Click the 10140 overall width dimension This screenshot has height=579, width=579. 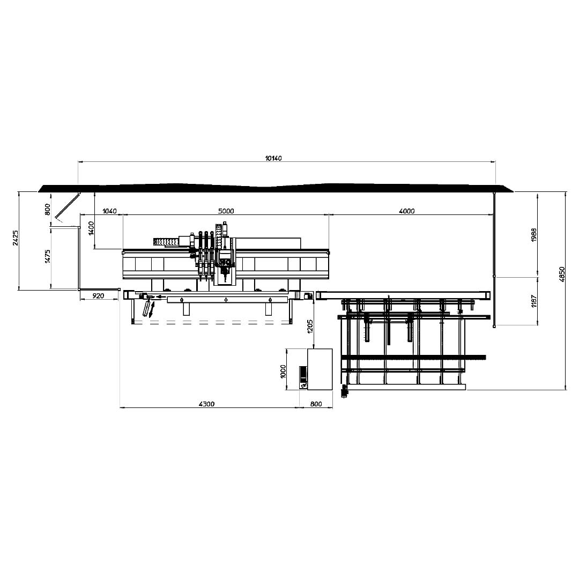273,158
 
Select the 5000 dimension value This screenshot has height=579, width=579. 226,211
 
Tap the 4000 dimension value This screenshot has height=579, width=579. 407,211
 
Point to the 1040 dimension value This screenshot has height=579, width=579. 109,211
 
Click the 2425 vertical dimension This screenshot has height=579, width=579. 16,237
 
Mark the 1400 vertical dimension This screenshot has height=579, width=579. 92,228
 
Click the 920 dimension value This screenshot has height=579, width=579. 98,296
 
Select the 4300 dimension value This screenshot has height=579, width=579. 207,404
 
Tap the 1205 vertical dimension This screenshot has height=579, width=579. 310,326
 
